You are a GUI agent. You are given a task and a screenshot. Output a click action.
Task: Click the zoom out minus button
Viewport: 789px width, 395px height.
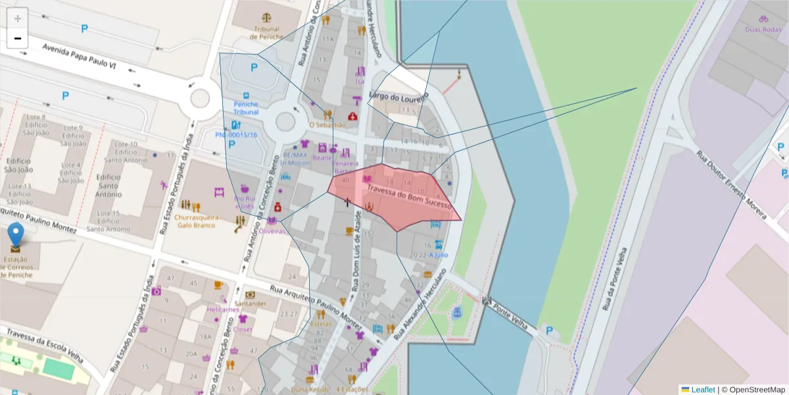coord(17,38)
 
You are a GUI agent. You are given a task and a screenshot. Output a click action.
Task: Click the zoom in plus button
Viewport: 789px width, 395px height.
coord(17,18)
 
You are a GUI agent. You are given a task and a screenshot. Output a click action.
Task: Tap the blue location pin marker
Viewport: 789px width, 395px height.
coord(15,236)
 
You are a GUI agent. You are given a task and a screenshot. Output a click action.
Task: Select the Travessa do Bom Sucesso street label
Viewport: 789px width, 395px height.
coord(410,196)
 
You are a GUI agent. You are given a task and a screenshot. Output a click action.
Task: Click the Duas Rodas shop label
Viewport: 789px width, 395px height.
coord(763,30)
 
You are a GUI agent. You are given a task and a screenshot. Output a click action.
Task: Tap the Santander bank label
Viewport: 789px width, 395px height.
coord(251,303)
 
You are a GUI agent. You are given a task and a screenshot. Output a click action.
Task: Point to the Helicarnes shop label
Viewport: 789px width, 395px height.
coord(223,309)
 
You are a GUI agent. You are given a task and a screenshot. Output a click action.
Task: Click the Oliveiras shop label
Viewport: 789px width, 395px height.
coord(273,231)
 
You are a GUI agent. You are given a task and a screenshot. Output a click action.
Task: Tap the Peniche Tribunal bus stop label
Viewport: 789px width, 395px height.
coord(245,108)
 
